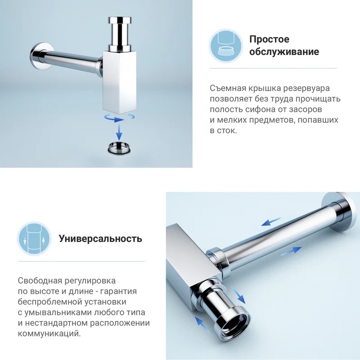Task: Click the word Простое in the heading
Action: pos(269,40)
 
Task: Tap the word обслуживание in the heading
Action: pos(284,52)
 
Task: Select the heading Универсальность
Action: pos(100,238)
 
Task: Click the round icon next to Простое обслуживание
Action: pos(226,45)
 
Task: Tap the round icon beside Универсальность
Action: pos(34,239)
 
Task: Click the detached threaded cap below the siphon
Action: pos(119,148)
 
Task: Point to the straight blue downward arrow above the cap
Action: pos(119,131)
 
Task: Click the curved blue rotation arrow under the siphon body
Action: pos(115,119)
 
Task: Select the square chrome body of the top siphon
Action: pos(119,82)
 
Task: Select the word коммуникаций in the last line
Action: pos(49,333)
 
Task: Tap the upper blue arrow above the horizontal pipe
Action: pos(271,221)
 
